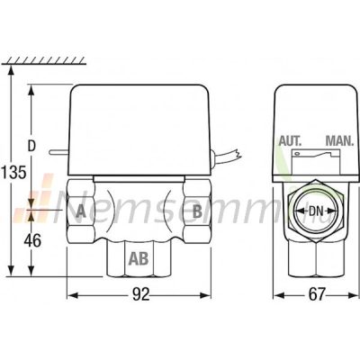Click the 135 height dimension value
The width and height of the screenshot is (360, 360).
coord(13,172)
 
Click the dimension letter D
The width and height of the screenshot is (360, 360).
coord(31,146)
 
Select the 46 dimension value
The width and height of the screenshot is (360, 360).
coord(32,240)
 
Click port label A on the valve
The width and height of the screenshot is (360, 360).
coord(81,211)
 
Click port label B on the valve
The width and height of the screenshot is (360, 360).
coord(197,211)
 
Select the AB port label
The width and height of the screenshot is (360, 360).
coord(139,258)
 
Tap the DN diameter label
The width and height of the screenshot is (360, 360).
coord(316,211)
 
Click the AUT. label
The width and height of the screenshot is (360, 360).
coord(290,141)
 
